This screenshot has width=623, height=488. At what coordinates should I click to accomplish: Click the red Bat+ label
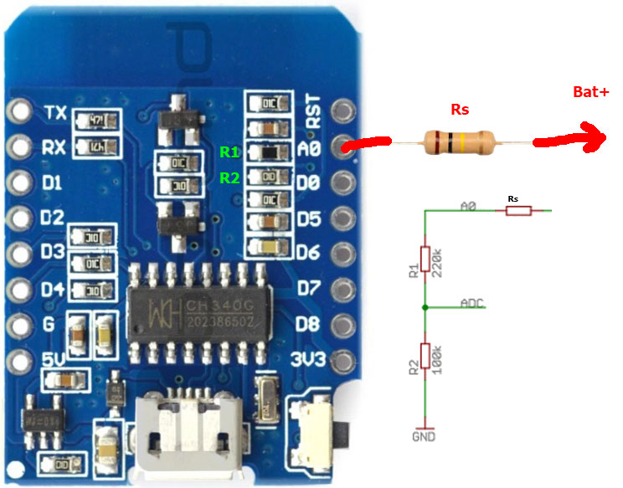[590, 92]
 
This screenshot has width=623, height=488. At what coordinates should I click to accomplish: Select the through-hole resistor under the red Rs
[461, 142]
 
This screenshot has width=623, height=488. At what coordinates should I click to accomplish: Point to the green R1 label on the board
[229, 152]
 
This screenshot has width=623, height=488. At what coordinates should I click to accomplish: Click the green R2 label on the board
[229, 177]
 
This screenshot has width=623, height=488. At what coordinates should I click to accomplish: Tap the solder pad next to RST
[342, 110]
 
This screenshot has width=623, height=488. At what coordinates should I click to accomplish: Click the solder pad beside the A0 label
[342, 146]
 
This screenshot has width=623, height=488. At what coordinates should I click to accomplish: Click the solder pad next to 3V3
[342, 362]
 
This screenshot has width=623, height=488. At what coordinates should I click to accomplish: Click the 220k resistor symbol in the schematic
[425, 262]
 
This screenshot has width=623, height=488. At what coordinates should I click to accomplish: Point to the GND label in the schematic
[424, 436]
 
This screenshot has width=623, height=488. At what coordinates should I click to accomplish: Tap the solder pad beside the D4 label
[18, 290]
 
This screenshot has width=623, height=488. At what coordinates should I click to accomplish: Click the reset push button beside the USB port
[321, 432]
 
